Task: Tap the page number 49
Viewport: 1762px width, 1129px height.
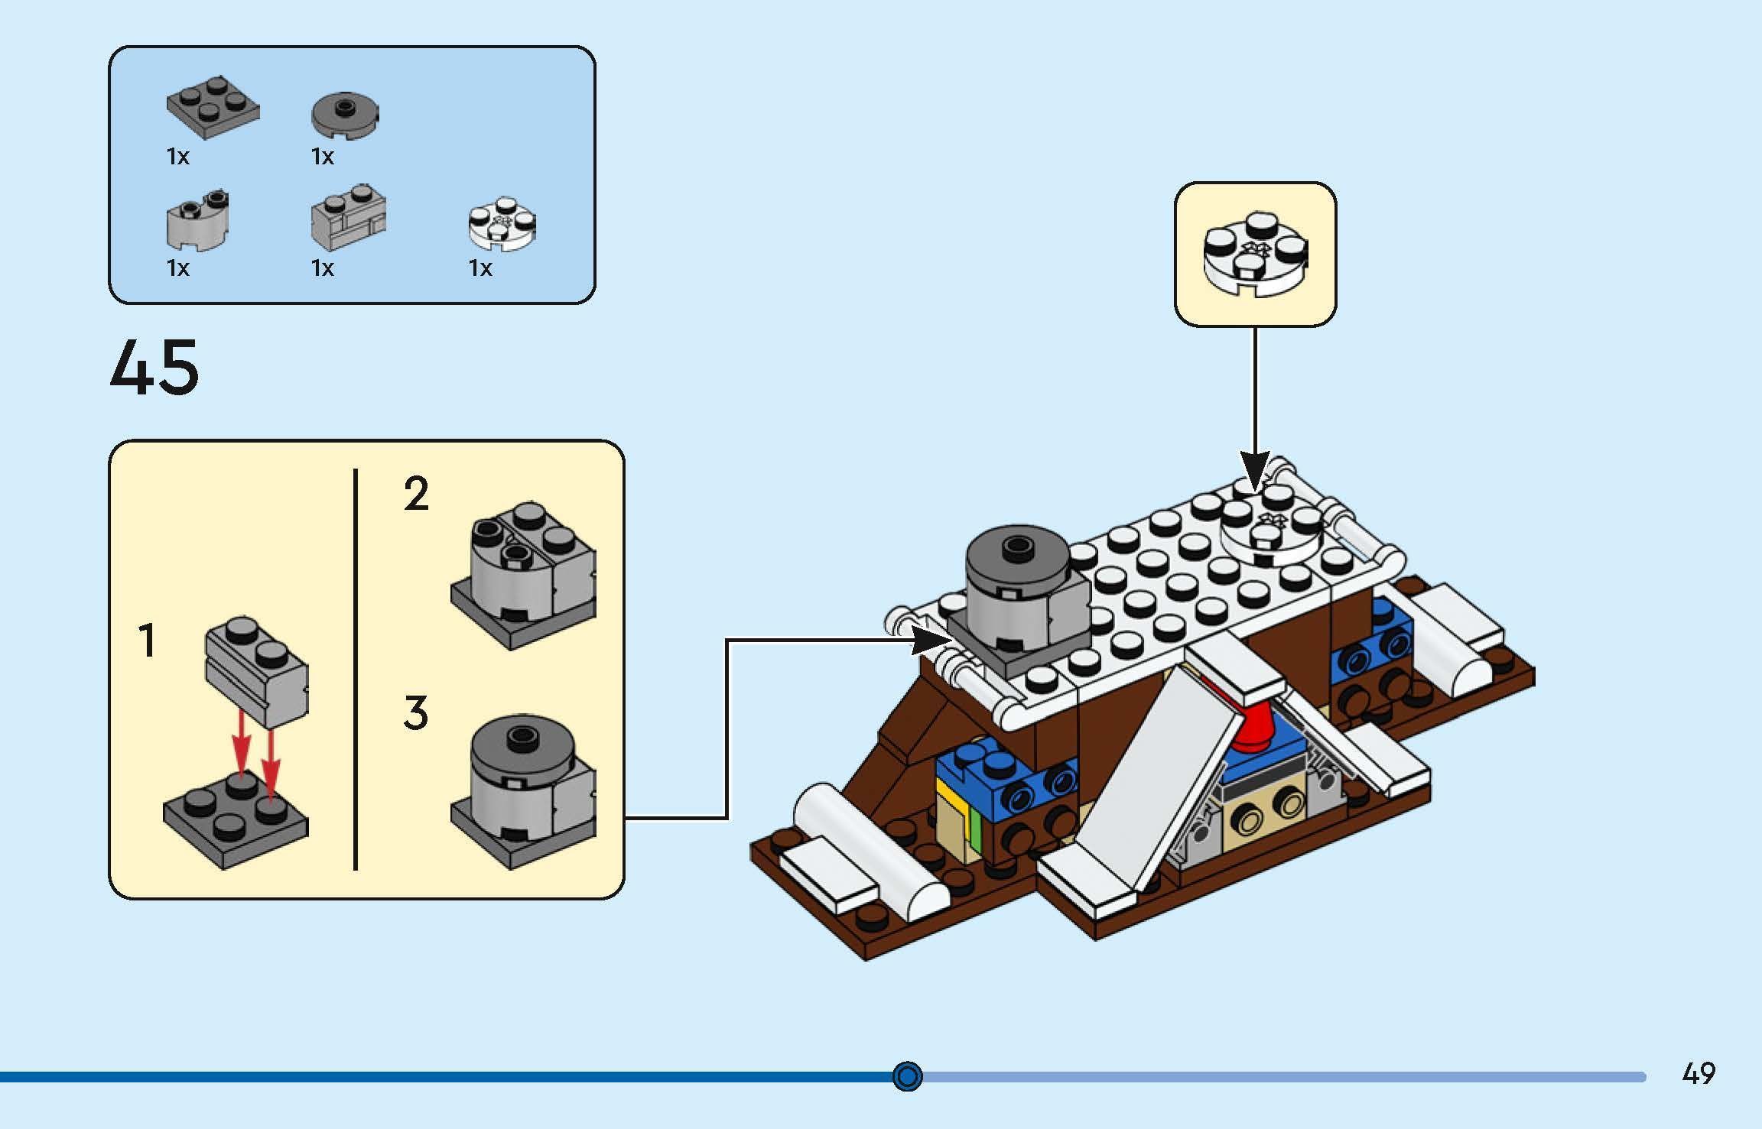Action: [x=1699, y=1073]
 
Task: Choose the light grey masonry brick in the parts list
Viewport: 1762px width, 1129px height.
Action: [x=348, y=218]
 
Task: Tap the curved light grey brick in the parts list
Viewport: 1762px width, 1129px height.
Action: [x=198, y=221]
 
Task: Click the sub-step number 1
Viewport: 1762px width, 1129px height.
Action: [x=147, y=641]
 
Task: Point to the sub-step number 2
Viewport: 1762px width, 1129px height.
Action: [x=416, y=494]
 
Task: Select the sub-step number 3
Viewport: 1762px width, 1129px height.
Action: [x=415, y=712]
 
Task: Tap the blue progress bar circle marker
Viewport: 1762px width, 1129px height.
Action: [x=908, y=1076]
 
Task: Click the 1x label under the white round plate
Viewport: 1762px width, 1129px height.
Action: [x=480, y=268]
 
